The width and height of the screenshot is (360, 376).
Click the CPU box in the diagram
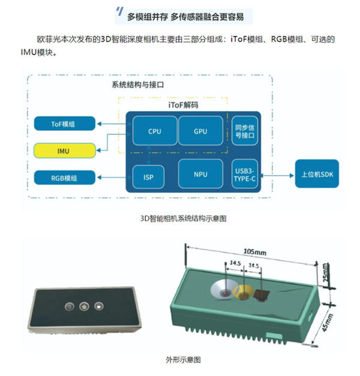click(x=154, y=130)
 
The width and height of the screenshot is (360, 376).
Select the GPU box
click(x=201, y=130)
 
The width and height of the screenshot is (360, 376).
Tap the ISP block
click(x=148, y=178)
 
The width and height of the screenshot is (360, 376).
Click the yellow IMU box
click(x=64, y=151)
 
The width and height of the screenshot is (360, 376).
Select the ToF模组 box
click(x=64, y=124)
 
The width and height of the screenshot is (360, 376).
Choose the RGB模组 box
click(x=64, y=178)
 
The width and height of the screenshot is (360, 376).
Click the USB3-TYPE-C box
click(x=243, y=175)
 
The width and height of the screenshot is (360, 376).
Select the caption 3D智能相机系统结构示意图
click(x=182, y=219)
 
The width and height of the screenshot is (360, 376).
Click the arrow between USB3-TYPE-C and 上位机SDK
click(x=277, y=175)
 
